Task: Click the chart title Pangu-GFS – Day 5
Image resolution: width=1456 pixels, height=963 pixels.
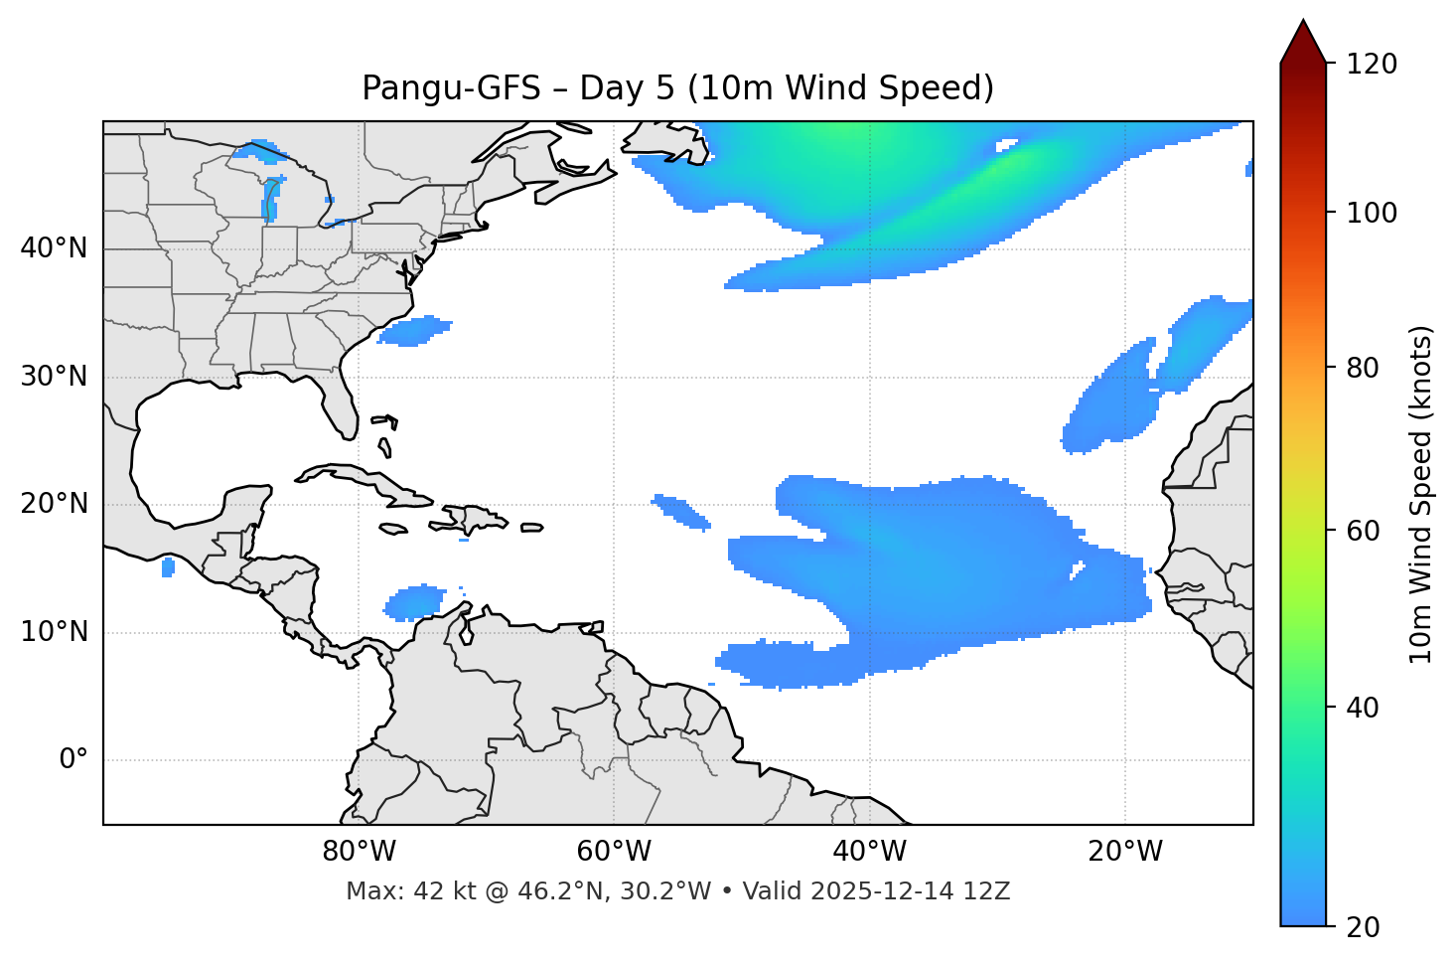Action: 677,88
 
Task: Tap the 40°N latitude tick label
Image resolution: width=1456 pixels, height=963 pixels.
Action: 54,248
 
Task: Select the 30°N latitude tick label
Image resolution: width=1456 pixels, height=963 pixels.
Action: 54,377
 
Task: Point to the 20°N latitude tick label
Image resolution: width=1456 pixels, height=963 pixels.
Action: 54,504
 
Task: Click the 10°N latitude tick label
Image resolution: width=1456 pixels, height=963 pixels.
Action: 54,632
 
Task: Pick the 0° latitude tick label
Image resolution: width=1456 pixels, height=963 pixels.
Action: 73,760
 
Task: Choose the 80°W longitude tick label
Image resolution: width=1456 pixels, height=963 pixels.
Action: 359,852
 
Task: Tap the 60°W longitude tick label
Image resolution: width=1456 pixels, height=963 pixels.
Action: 614,852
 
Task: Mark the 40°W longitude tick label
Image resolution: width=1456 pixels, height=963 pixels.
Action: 869,852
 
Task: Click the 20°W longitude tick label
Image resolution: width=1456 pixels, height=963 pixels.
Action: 1125,852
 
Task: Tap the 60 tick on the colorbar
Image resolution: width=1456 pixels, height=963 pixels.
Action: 1363,531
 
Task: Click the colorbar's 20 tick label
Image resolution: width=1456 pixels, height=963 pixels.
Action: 1363,927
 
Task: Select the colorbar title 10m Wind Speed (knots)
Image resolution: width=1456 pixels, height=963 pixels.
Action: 1421,494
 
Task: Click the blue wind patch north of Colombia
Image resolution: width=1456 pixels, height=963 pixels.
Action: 415,602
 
